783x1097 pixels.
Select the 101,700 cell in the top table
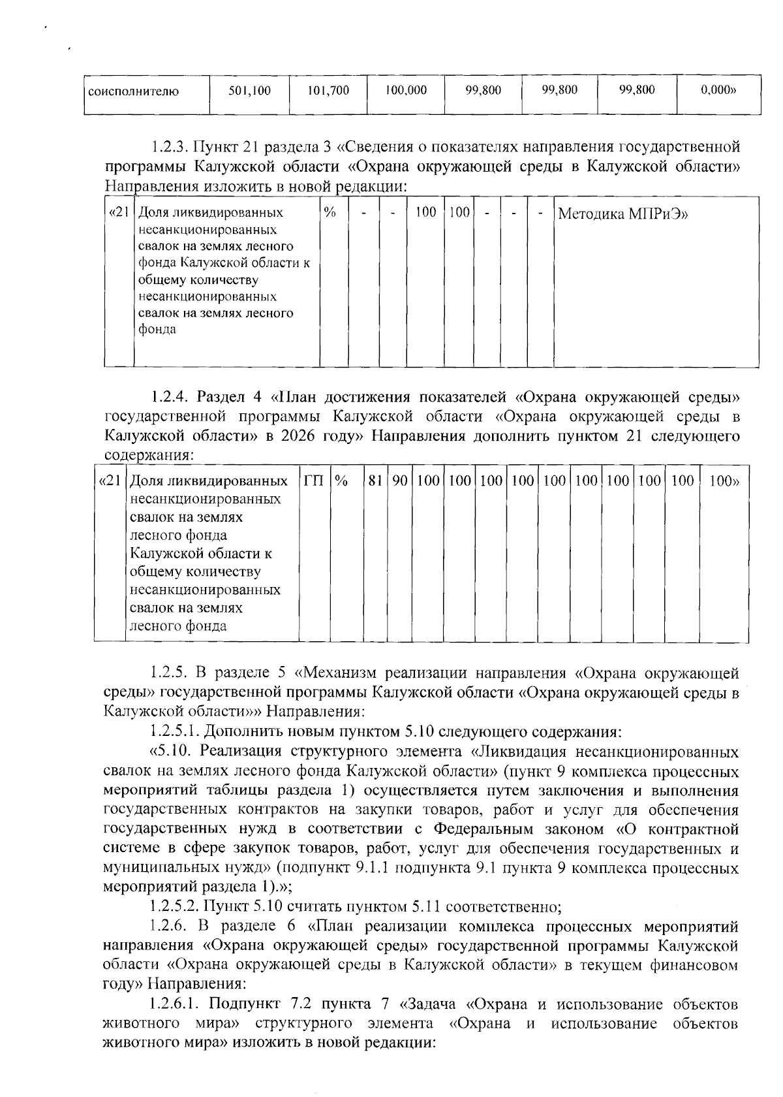(328, 91)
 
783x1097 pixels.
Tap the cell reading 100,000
(406, 91)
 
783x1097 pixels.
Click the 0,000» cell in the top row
(718, 91)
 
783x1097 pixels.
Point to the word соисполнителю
(134, 91)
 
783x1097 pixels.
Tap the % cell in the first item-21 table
(330, 213)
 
